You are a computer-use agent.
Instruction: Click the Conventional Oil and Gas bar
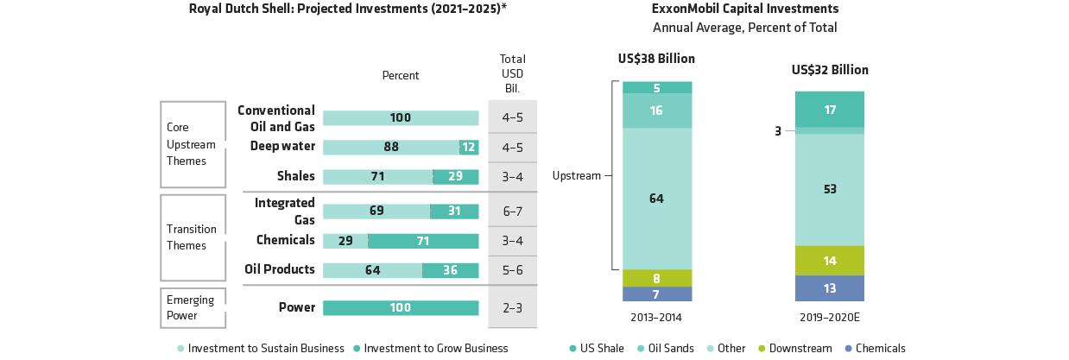click(x=401, y=118)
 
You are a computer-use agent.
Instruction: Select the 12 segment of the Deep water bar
click(x=469, y=148)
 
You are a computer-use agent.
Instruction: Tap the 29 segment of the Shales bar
click(x=456, y=177)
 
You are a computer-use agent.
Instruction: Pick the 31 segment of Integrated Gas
click(x=454, y=211)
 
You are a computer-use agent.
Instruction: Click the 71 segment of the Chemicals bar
click(x=423, y=241)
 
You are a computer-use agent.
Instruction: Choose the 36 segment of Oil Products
click(x=450, y=270)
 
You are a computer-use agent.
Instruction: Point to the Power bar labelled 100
click(x=401, y=308)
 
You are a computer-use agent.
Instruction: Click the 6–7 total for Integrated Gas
click(x=512, y=211)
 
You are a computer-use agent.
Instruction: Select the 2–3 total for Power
click(x=512, y=308)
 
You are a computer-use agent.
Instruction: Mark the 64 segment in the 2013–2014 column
click(x=657, y=199)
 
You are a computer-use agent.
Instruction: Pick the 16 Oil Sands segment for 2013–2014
click(x=657, y=111)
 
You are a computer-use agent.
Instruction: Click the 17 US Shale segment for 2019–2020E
click(x=829, y=110)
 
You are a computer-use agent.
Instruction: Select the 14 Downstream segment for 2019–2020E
click(x=829, y=260)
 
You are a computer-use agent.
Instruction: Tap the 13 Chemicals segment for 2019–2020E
click(x=829, y=288)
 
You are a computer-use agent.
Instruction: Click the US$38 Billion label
click(x=657, y=60)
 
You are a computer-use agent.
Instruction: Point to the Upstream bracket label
click(x=576, y=176)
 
